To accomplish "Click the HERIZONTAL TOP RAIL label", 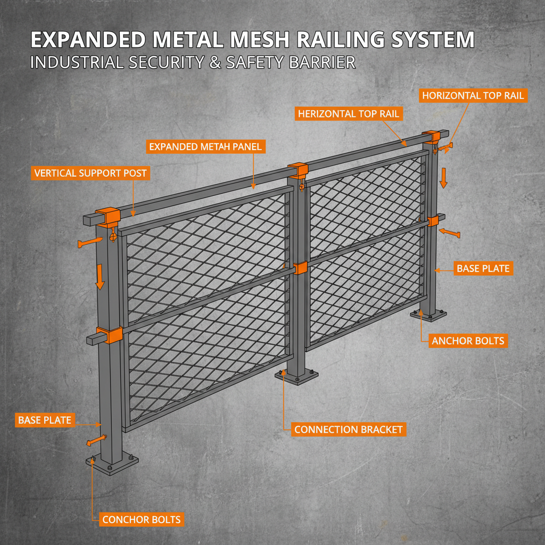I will (349, 114).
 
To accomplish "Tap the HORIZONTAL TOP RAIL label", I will (473, 96).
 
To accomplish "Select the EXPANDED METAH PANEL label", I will (206, 146).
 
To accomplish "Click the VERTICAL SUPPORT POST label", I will (90, 173).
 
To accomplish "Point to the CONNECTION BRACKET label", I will (349, 429).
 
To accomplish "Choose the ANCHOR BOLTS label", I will (468, 341).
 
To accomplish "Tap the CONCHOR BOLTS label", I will (141, 519).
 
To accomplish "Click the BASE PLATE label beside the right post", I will (483, 269).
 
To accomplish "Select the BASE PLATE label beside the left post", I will (45, 420).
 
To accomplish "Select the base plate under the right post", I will (428, 316).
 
